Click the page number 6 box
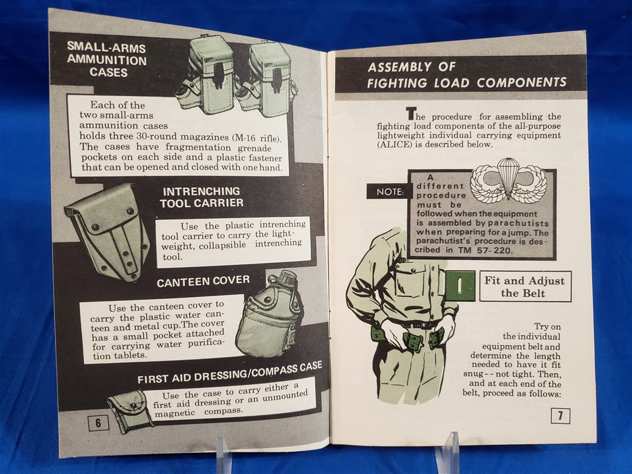99,422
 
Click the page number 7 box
560,416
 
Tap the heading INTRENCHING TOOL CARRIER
202,197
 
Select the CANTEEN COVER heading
203,281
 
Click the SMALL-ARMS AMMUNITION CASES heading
107,59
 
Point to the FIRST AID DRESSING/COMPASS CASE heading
230,373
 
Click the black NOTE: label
390,192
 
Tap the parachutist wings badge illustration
508,179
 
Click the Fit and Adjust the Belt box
525,286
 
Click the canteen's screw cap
288,277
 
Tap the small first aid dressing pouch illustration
129,411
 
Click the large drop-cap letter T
410,114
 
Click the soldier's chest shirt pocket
411,281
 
